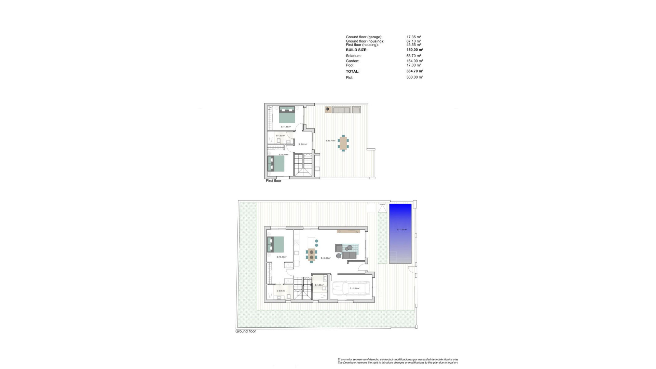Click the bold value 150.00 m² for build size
click(415, 50)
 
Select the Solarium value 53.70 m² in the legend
click(414, 56)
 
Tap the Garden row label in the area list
click(352, 61)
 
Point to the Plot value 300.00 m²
click(415, 78)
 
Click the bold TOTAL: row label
click(353, 72)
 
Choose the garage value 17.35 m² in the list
click(414, 37)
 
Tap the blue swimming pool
click(400, 234)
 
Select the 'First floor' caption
click(274, 181)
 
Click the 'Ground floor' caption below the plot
click(246, 331)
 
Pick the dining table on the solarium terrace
click(343, 143)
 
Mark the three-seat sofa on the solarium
click(342, 110)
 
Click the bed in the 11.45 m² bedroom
click(287, 114)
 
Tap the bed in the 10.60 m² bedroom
click(276, 164)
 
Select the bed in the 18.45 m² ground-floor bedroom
click(276, 244)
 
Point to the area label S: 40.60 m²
click(326, 258)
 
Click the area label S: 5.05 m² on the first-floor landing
click(303, 145)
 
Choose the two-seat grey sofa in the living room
click(349, 255)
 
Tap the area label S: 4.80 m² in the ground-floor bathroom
click(319, 285)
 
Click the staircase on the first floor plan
click(303, 165)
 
